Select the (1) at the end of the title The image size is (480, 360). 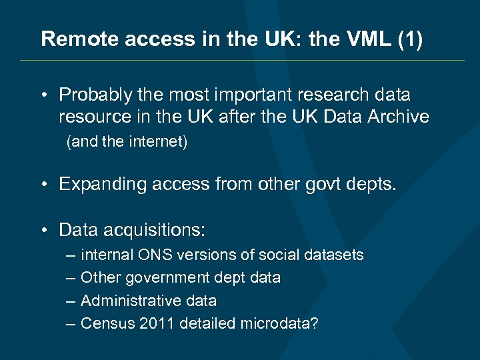(x=409, y=39)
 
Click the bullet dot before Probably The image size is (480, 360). (x=43, y=95)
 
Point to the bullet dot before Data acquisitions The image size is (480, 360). (x=43, y=231)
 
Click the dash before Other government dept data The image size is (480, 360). (x=71, y=277)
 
